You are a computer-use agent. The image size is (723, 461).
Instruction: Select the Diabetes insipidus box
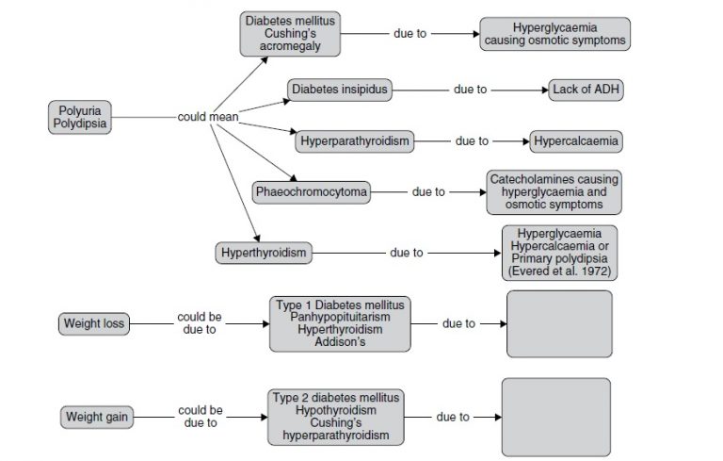click(339, 90)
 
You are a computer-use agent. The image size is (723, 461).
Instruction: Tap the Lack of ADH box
click(586, 90)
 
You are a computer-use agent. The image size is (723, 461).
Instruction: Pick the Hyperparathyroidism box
click(355, 141)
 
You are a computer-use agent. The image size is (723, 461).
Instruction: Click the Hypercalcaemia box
click(575, 141)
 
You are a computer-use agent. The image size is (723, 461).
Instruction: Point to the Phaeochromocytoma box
click(312, 192)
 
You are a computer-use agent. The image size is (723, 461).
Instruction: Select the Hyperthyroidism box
click(263, 253)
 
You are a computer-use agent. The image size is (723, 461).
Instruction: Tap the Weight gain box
click(96, 416)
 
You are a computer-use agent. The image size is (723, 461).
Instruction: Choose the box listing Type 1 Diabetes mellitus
click(340, 323)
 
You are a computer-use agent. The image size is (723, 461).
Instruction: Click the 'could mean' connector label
click(207, 117)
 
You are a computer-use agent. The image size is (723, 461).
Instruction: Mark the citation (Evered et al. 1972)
click(559, 272)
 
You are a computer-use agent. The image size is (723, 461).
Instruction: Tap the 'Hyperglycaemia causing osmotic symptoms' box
click(554, 34)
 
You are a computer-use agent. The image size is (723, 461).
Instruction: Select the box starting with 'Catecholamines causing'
click(554, 191)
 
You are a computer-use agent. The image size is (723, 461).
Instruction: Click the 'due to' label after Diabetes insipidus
click(470, 90)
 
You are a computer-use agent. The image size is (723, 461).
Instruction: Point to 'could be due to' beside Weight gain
click(200, 416)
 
